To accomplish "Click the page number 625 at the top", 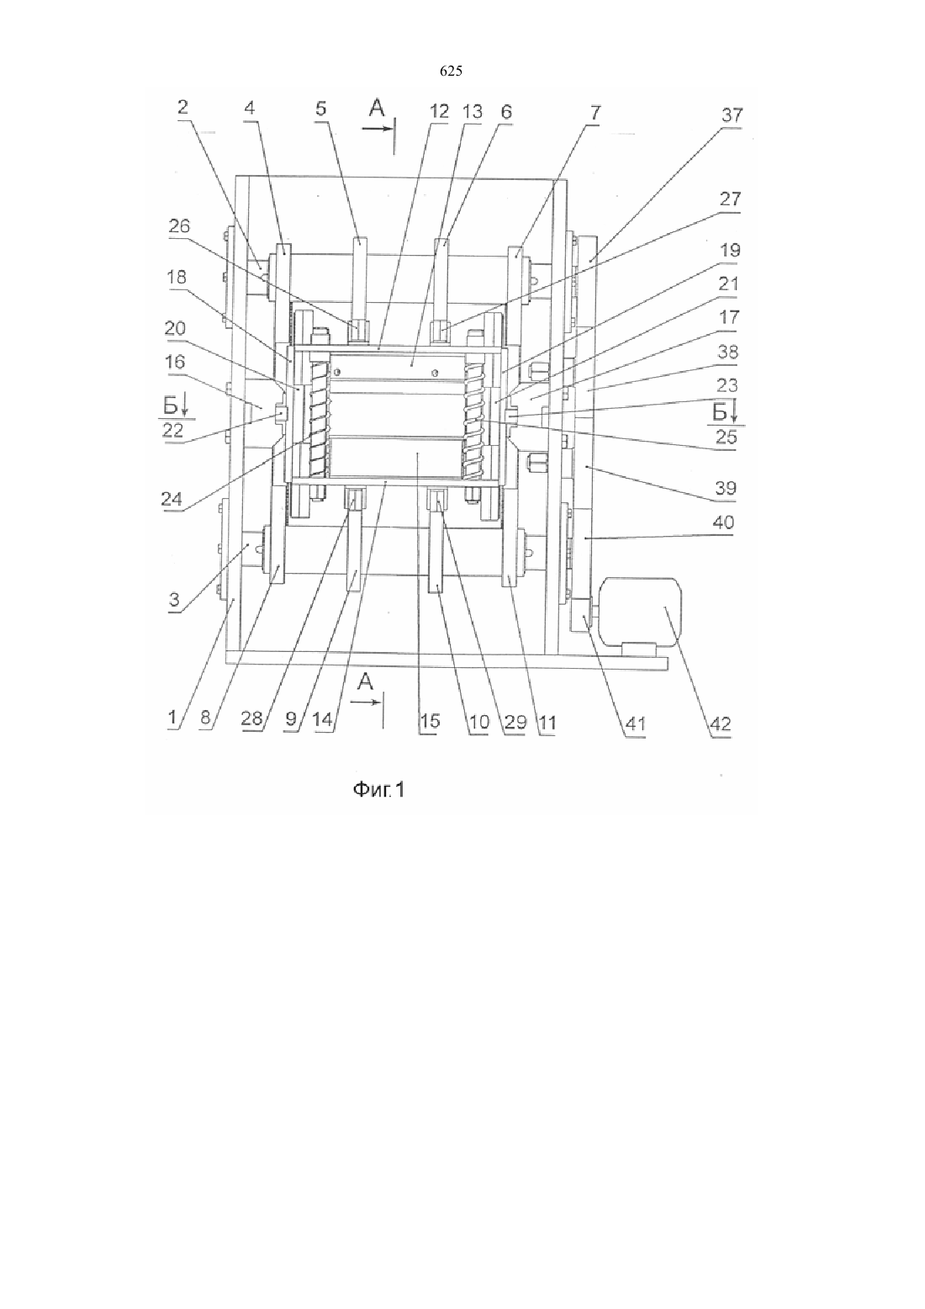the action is (x=451, y=72).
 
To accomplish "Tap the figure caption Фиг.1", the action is (x=378, y=791).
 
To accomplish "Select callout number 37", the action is (x=732, y=114).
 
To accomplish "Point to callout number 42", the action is (x=720, y=724).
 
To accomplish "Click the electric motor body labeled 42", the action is (x=641, y=611).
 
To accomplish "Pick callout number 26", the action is (x=179, y=226).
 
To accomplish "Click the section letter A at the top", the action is (x=378, y=109).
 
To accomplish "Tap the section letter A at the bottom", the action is (x=366, y=681).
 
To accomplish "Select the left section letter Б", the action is (x=171, y=405).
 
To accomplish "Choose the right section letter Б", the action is (x=719, y=412).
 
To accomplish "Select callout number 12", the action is (x=439, y=111).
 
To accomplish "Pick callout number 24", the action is (x=172, y=499).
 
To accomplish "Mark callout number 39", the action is (x=726, y=488).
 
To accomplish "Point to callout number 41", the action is (x=635, y=723).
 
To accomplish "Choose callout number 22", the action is (x=173, y=430).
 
